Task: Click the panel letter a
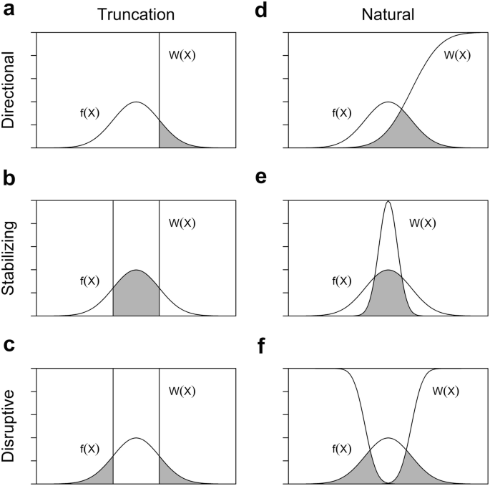click(10, 11)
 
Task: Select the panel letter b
click(10, 178)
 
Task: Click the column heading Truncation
click(136, 12)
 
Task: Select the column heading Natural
click(387, 12)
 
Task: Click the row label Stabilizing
click(11, 258)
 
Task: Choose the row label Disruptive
click(11, 426)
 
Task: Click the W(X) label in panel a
click(181, 55)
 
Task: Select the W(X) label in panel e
click(423, 223)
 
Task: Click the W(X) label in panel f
click(446, 391)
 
